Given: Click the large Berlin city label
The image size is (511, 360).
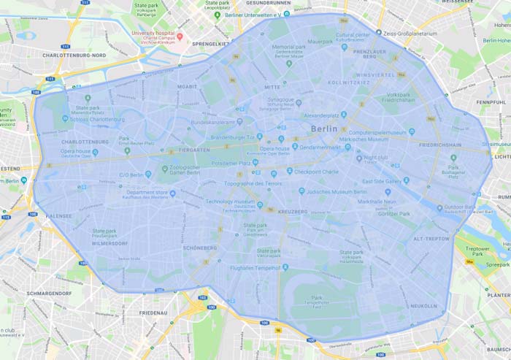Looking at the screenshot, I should (x=324, y=129).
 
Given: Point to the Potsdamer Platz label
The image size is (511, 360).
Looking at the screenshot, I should (x=229, y=163).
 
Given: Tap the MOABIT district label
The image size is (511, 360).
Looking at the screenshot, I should (x=188, y=86).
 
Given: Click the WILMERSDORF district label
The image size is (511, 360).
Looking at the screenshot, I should (x=110, y=243).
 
